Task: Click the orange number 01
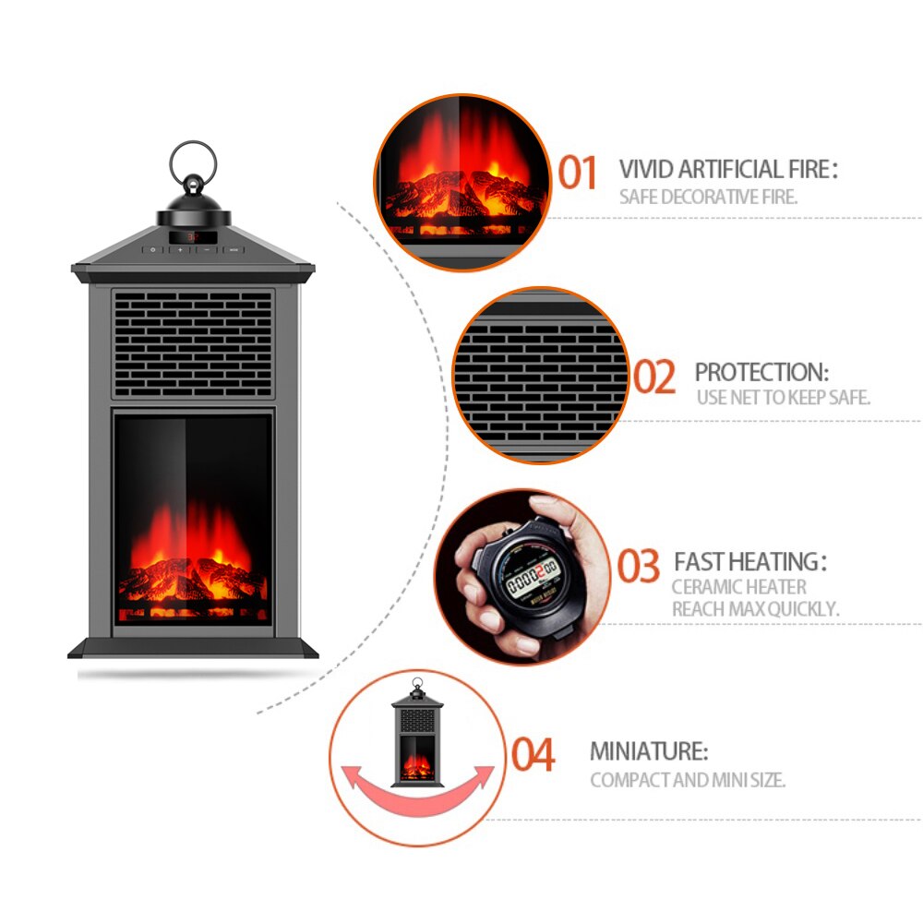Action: tap(579, 173)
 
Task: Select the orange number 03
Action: tap(639, 567)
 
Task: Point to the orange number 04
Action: tap(534, 755)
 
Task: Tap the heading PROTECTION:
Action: tap(761, 373)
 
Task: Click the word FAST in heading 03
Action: tap(700, 561)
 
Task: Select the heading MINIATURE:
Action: tap(649, 751)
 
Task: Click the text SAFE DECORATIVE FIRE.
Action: tap(708, 198)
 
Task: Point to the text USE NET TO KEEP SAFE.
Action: tap(784, 398)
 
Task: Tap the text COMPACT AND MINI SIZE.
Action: tap(688, 780)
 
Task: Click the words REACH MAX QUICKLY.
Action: tap(755, 609)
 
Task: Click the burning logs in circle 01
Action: tap(457, 194)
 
